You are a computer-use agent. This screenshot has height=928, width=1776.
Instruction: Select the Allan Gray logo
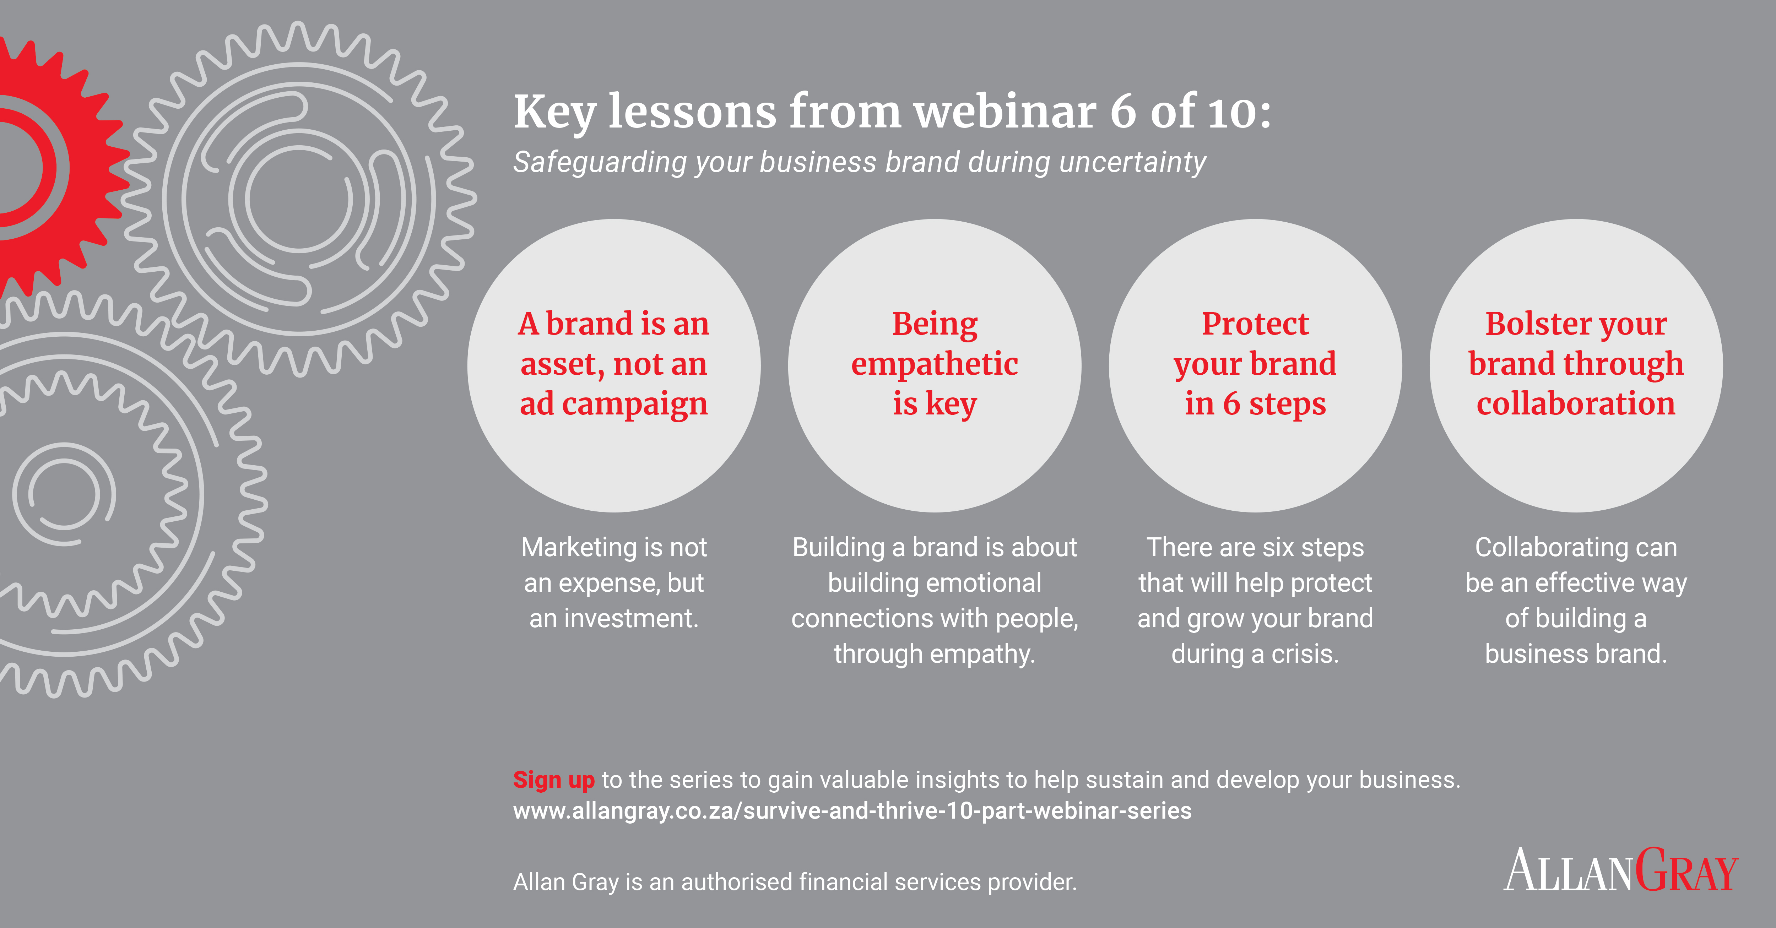pos(1621,870)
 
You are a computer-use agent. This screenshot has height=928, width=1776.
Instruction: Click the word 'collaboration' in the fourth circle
pos(1576,403)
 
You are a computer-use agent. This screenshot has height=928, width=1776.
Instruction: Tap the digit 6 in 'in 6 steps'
pos(1231,404)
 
